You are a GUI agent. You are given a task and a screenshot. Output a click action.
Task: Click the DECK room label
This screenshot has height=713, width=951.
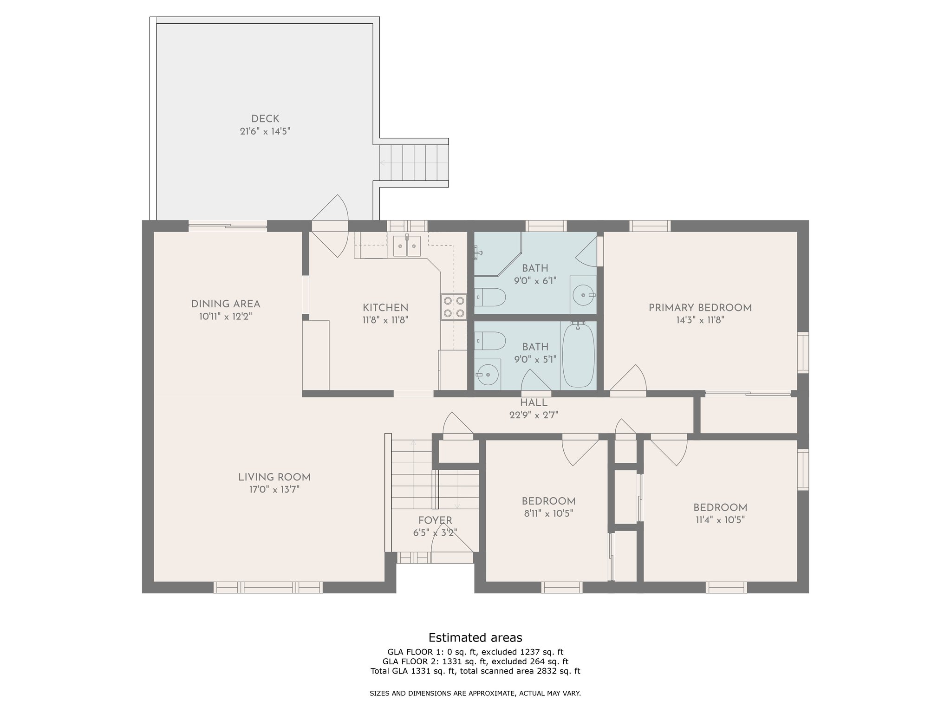pos(265,119)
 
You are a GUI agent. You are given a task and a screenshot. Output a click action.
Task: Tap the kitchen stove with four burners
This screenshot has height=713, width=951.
pos(454,307)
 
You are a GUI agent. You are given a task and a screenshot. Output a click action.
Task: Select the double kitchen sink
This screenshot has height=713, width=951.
pos(407,246)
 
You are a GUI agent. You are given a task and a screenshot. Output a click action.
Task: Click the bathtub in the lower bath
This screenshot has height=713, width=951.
pos(578,355)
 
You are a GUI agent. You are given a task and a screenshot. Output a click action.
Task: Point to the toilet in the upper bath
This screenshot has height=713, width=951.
pos(489,297)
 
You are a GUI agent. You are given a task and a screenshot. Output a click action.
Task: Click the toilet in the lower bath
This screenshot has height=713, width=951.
pos(489,340)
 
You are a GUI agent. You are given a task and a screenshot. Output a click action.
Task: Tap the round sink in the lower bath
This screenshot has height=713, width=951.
pos(487,374)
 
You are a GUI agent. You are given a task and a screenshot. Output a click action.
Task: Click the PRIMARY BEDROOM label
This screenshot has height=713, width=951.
pos(700,308)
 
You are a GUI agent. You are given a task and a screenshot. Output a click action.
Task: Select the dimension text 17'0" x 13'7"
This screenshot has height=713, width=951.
pos(274,489)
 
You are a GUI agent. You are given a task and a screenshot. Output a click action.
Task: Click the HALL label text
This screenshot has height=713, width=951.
pos(534,402)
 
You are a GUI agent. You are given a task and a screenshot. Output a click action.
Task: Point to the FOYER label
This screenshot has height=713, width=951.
pos(435,520)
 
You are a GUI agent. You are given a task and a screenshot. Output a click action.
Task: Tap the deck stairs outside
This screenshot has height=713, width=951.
pos(414,163)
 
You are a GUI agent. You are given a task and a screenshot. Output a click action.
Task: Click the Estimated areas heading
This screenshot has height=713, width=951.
pos(475,637)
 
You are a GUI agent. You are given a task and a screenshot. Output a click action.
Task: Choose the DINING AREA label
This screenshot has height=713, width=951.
pos(226,304)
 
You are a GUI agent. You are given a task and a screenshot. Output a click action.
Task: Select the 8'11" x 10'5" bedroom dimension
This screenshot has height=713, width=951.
pos(548,513)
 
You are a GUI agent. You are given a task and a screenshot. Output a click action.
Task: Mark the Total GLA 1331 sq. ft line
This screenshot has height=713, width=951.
pos(475,671)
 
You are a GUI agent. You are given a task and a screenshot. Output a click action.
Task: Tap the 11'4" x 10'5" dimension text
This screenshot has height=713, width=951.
pos(720,520)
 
